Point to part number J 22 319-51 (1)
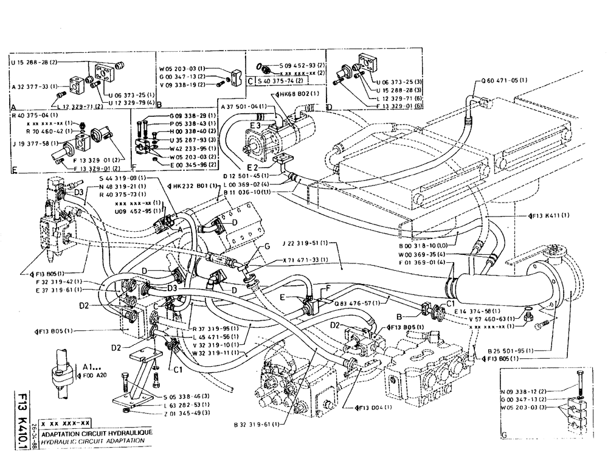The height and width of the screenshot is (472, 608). [305, 244]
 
